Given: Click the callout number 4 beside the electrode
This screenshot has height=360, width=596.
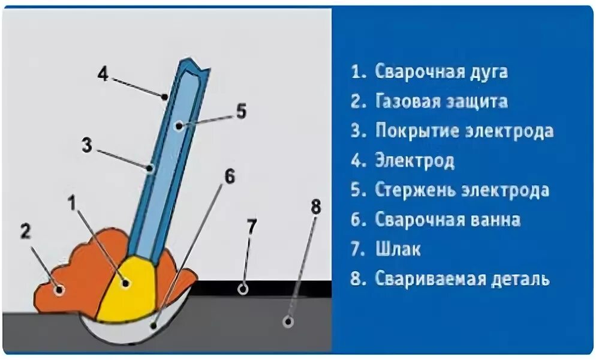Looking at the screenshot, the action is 103,76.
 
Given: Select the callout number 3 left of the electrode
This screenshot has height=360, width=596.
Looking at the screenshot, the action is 88,145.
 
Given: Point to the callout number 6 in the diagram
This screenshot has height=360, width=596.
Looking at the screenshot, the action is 230,177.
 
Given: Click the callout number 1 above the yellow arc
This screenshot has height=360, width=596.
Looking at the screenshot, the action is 73,203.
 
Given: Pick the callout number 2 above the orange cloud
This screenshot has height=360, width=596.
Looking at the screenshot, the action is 25,232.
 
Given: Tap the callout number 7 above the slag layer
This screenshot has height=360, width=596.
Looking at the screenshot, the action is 252,227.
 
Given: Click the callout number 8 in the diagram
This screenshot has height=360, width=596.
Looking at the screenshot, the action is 315,208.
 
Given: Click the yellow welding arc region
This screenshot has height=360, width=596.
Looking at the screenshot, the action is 129,291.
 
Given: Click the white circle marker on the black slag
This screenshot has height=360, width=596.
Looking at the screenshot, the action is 243,289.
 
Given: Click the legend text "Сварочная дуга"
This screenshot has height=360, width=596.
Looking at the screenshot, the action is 441,72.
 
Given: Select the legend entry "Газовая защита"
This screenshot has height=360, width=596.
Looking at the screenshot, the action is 441,101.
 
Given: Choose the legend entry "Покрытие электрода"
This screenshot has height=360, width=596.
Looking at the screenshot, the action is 464,131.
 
